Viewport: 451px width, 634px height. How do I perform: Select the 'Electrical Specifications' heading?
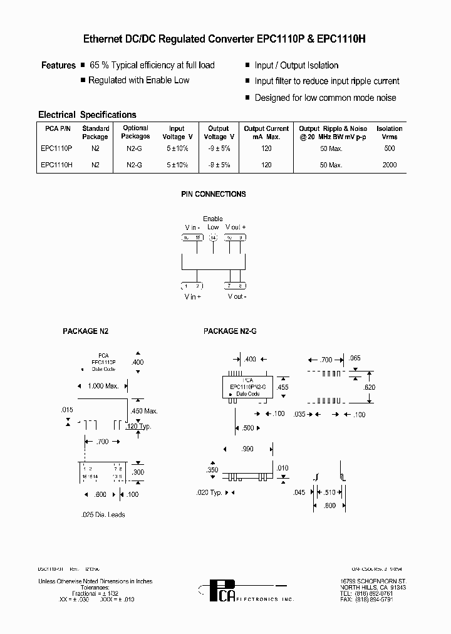pyautogui.click(x=87, y=115)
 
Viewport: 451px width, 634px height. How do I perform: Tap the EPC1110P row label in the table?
pyautogui.click(x=56, y=148)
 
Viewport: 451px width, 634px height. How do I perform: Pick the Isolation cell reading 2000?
pyautogui.click(x=389, y=165)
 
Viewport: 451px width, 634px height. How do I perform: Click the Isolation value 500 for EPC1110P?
pyautogui.click(x=389, y=148)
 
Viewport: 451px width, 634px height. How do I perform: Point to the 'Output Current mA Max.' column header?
pyautogui.click(x=266, y=132)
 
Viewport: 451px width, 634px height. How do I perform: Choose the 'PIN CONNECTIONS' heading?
pyautogui.click(x=214, y=194)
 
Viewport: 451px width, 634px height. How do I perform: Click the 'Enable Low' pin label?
pyautogui.click(x=213, y=223)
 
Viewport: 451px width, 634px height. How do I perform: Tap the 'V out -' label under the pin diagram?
pyautogui.click(x=237, y=296)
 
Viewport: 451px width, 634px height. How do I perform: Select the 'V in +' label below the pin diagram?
pyautogui.click(x=192, y=296)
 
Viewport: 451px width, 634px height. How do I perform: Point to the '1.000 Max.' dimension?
pyautogui.click(x=103, y=386)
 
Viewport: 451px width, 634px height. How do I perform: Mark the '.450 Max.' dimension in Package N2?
pyautogui.click(x=145, y=411)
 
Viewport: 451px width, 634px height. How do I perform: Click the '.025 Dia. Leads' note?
pyautogui.click(x=103, y=514)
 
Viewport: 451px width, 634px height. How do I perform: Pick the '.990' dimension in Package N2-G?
pyautogui.click(x=249, y=449)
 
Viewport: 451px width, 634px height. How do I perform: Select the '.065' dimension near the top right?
pyautogui.click(x=355, y=358)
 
